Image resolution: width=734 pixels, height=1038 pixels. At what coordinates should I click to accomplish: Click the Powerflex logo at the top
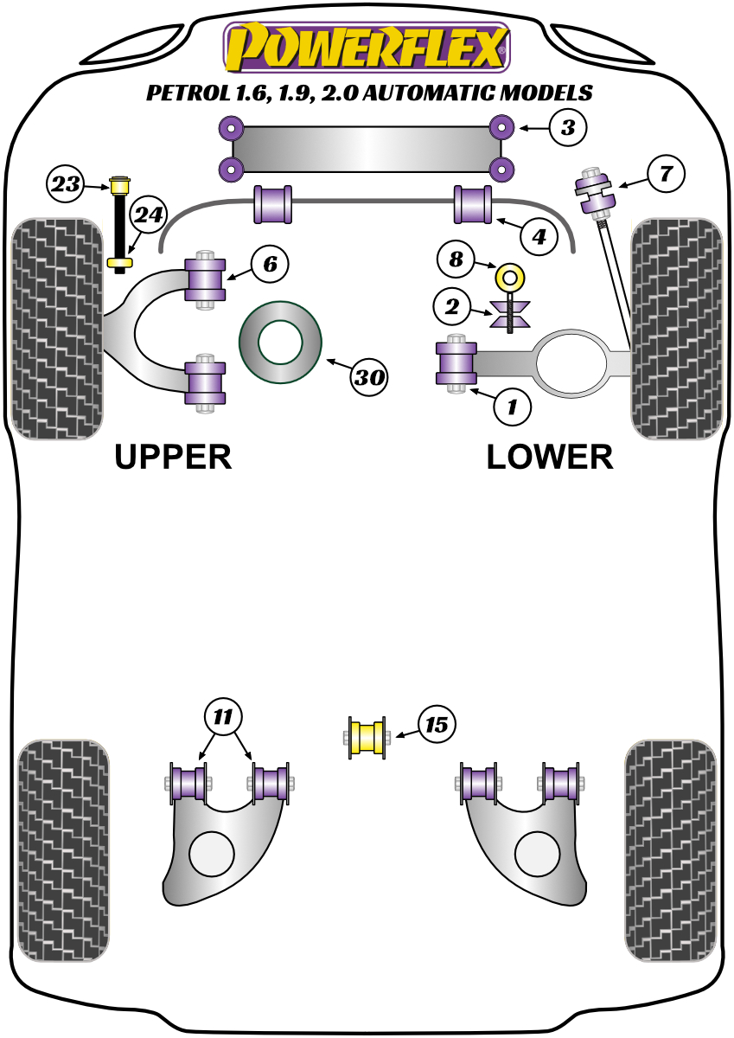pos(367,47)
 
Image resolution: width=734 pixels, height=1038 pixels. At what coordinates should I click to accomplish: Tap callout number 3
pos(566,129)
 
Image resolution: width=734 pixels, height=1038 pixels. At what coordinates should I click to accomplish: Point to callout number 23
pos(66,183)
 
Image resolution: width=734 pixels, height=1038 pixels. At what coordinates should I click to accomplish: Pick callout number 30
pos(370,376)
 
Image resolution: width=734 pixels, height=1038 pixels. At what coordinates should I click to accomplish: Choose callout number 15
pos(437,724)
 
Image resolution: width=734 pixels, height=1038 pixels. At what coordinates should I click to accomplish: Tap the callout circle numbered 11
pos(224,716)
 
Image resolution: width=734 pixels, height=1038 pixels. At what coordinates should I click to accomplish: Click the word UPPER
pos(174,457)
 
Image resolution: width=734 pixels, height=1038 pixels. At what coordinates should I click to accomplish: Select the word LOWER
pos(550,457)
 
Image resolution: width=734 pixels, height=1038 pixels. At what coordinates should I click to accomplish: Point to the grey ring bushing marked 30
pos(280,342)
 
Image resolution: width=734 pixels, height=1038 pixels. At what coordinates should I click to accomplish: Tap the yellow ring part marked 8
pos(511,279)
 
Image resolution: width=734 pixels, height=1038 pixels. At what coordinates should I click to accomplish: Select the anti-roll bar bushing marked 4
pos(473,205)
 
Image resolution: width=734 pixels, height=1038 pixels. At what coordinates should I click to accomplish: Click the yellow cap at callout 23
pos(119,184)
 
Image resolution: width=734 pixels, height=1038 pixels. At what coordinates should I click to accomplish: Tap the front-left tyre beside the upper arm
pos(55,329)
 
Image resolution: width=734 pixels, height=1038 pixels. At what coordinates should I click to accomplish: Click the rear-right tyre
pos(672,849)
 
